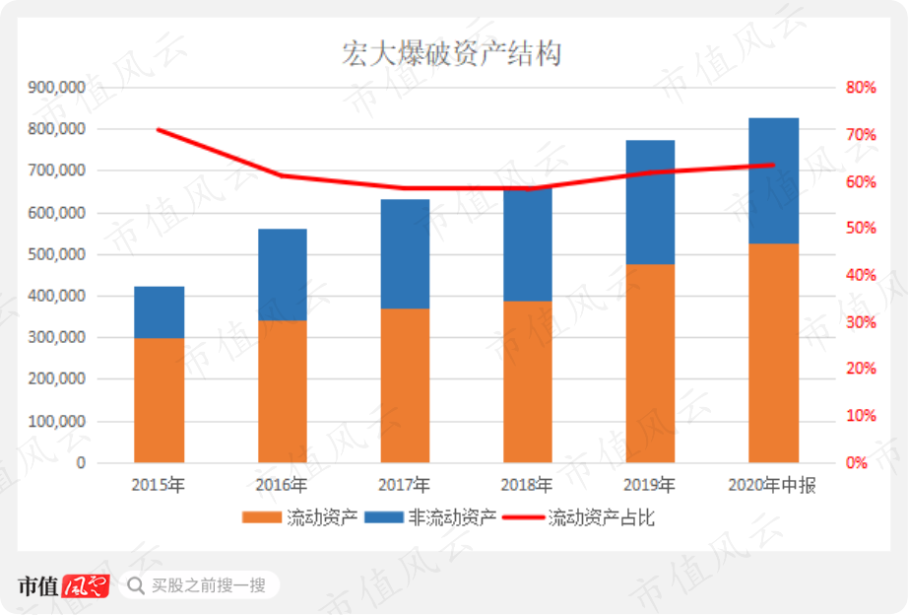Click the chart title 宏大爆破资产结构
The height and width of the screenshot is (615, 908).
452,54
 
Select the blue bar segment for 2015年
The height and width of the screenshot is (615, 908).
160,312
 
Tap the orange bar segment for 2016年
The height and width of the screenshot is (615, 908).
283,391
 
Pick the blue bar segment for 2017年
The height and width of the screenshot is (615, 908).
406,254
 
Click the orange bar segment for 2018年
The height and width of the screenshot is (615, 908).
528,382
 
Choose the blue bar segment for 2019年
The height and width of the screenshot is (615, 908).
650,202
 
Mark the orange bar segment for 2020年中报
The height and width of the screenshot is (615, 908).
774,353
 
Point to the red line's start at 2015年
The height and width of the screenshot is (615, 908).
159,130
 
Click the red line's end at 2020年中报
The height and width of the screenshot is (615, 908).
774,166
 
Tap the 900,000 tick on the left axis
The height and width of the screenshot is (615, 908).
57,88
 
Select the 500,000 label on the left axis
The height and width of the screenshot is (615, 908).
57,254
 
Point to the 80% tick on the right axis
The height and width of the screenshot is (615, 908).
861,88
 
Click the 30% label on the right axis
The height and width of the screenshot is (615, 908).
861,322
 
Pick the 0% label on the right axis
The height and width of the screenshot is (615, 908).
857,462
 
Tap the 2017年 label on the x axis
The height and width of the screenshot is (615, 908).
404,485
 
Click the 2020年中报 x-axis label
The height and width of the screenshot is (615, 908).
772,485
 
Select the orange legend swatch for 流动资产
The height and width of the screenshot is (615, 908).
262,517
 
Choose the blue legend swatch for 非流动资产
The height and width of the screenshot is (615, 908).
384,517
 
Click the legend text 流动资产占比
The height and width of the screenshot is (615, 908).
601,517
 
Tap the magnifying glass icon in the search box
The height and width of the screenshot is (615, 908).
136,585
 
